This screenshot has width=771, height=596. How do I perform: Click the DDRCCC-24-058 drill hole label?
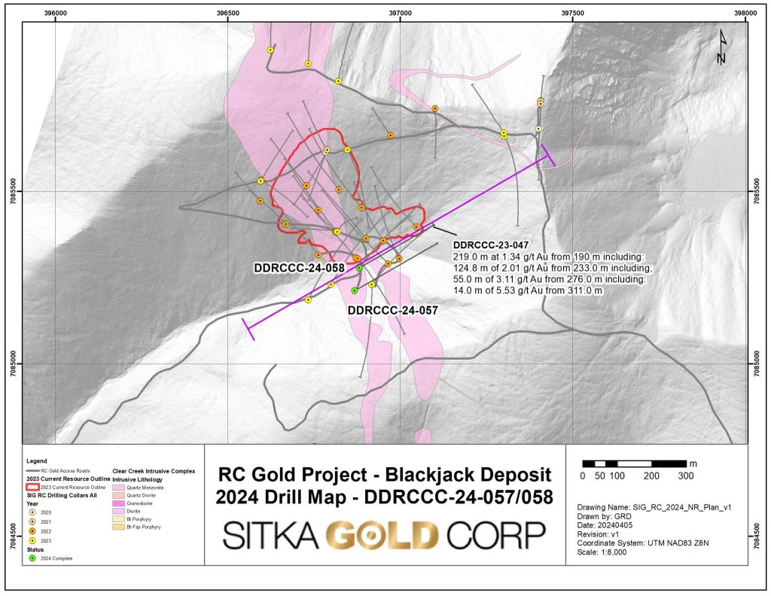coord(299,268)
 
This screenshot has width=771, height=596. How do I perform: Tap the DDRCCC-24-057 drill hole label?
coord(392,309)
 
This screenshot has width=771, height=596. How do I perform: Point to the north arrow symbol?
coord(721,47)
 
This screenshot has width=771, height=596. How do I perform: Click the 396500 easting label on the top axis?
coord(227,14)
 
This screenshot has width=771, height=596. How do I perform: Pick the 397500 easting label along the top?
coord(573,14)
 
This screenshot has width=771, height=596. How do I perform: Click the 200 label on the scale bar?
coord(652,476)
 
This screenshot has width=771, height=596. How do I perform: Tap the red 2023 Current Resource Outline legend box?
coord(32,487)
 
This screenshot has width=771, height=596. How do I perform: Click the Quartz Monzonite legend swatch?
coord(118,488)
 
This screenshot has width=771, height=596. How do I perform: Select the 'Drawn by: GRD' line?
coord(603,517)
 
